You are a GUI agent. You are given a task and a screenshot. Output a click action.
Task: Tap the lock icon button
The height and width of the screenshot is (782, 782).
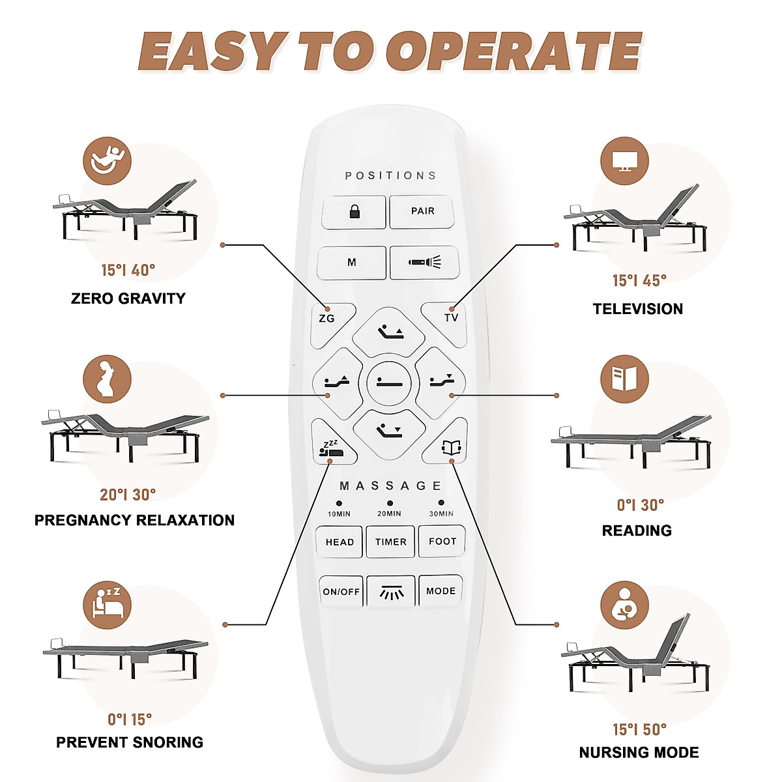354,212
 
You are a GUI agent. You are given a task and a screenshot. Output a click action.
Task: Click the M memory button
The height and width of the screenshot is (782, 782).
352,262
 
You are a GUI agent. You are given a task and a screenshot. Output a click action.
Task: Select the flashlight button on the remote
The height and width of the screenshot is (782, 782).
424,262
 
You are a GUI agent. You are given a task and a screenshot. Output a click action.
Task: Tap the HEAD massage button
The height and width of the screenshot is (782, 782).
340,542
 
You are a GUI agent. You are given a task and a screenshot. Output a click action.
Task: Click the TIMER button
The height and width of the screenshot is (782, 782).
390,542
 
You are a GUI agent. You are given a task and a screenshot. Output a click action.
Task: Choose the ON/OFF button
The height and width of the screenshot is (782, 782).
341,591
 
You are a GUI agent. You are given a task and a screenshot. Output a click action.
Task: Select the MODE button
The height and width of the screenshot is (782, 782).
441,591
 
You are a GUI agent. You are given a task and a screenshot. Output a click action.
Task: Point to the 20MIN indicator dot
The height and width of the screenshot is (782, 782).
390,503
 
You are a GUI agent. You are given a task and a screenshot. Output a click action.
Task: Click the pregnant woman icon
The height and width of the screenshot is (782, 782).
107,379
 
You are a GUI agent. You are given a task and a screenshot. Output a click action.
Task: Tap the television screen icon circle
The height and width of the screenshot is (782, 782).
624,161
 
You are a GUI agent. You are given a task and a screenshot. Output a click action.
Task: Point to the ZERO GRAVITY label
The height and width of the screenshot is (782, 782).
128,298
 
